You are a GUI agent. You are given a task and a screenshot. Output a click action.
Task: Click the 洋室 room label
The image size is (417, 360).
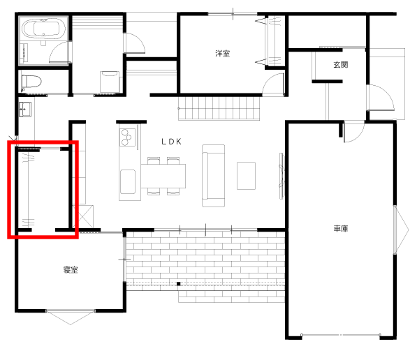pos(222,54)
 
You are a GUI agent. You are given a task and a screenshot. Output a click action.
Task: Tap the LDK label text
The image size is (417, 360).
pos(172,142)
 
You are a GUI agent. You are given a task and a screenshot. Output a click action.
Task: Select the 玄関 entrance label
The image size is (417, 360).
pos(341,65)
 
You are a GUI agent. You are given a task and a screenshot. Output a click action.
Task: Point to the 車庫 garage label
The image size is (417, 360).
pos(341,228)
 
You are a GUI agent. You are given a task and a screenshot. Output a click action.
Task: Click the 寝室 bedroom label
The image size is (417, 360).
pos(71,270)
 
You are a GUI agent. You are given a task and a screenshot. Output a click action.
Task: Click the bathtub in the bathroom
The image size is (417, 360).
pos(44,29)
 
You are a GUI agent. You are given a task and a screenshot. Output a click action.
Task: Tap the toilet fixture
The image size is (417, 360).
pos(31,82)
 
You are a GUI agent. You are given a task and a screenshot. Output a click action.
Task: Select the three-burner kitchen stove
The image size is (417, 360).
pos(127,137)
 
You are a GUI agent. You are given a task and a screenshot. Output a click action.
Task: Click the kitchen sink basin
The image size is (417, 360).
pos(128,182)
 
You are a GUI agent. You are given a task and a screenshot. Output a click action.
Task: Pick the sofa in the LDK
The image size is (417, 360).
pos(213,176)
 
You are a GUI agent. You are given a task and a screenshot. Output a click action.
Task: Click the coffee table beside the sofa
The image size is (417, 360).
pos(247,176)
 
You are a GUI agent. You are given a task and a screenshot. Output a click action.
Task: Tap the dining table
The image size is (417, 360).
pos(163,176)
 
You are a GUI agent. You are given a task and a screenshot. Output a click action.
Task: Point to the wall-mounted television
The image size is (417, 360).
pos(281,176)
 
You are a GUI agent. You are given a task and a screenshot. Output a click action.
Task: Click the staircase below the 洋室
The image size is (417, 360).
pos(219,109)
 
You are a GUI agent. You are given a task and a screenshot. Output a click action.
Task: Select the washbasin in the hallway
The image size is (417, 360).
pos(25,110)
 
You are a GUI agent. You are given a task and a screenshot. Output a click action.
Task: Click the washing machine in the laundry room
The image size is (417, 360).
pos(110,82)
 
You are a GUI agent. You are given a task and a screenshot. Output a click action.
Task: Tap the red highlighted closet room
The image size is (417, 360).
pos(43,190)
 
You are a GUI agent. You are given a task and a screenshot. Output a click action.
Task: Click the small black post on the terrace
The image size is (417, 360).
pos(179,284)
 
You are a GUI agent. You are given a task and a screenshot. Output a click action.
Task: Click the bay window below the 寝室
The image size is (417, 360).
pos(71,317)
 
